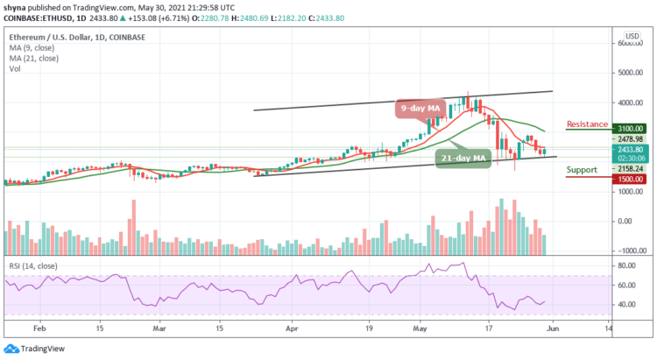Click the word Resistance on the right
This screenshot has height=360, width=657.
[588, 124]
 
